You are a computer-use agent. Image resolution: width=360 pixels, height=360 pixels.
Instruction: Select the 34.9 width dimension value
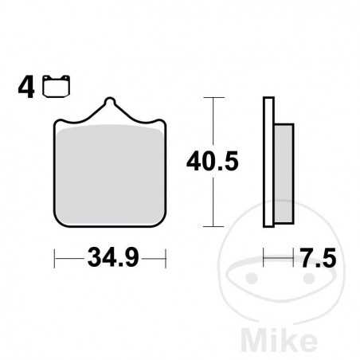click(109, 259)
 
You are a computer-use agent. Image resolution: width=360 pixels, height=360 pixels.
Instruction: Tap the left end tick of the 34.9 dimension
click(54, 259)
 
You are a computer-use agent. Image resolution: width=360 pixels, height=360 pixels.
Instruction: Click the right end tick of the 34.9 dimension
click(165, 259)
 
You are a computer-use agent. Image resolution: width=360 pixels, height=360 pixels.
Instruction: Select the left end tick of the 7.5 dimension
click(264, 259)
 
